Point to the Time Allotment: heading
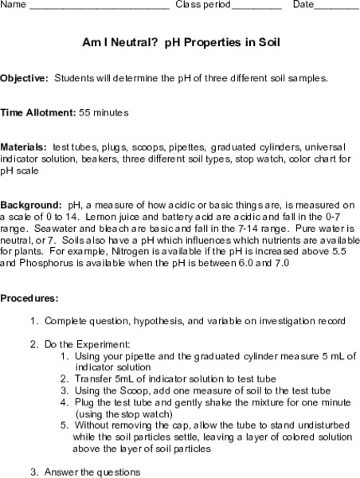point(37,113)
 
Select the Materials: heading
point(24,147)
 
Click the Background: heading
point(30,204)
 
